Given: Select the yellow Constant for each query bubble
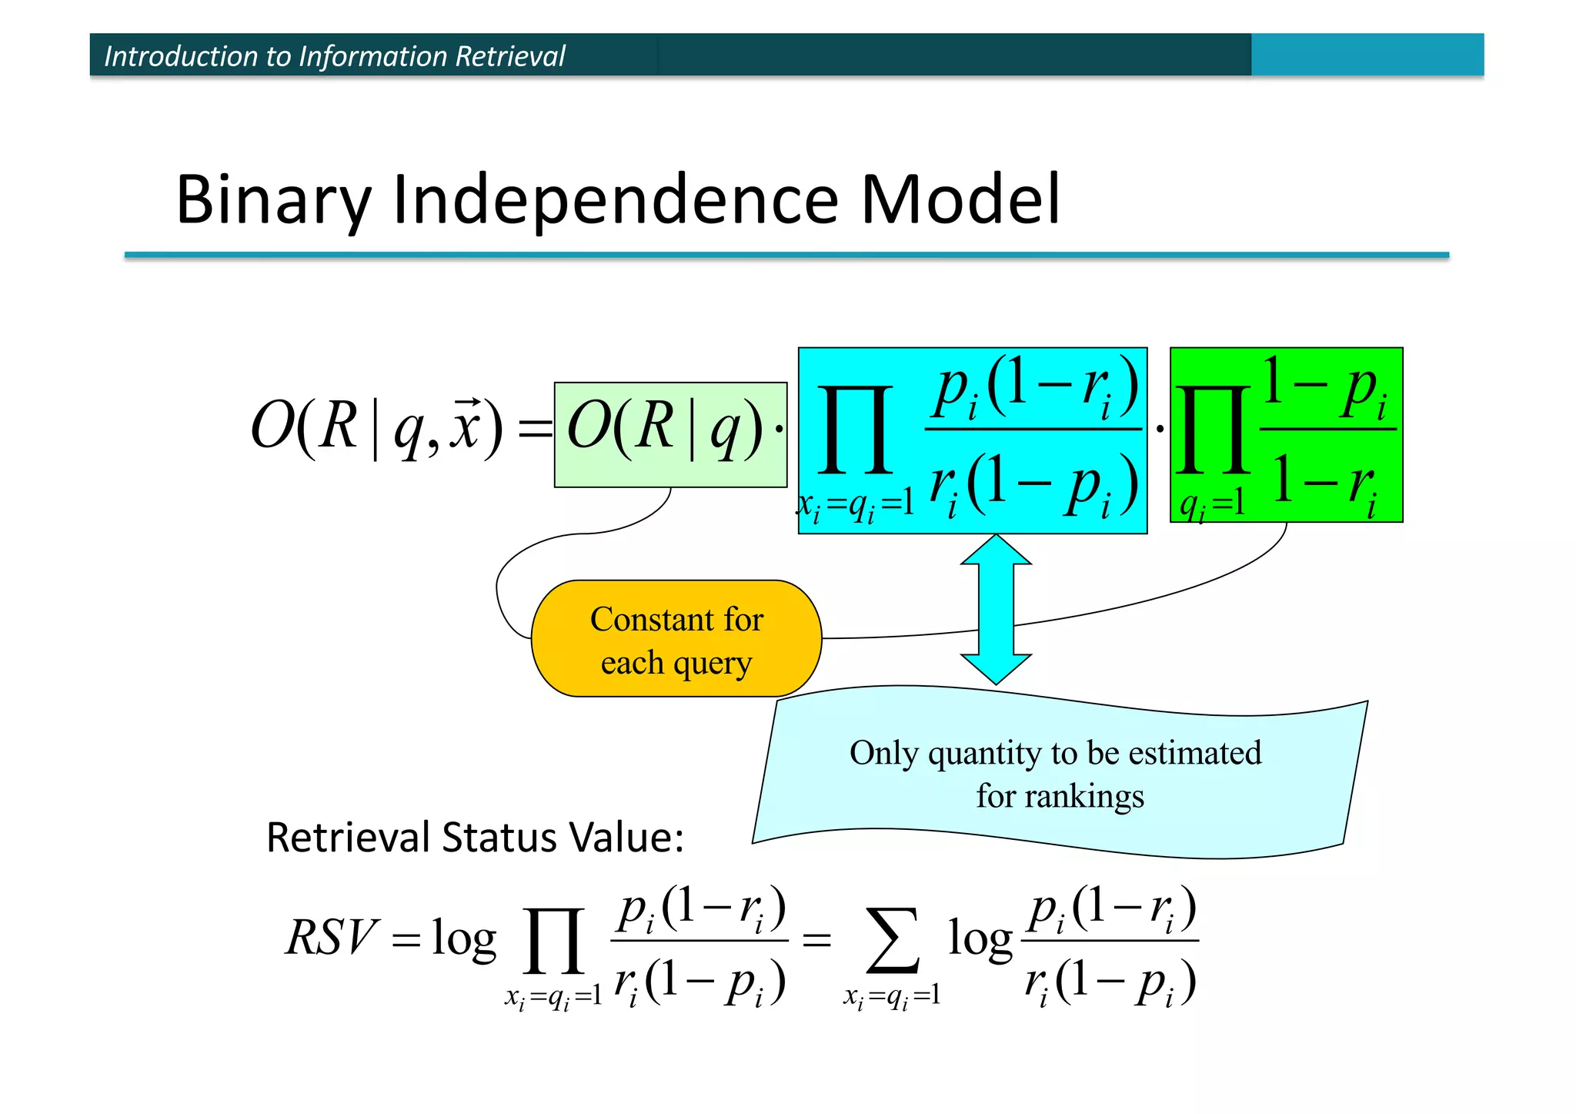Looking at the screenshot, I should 676,639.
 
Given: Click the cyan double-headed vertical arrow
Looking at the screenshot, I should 996,608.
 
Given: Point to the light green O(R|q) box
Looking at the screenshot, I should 669,433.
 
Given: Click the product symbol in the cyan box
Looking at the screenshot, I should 855,431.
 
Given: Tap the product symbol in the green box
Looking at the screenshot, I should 1214,431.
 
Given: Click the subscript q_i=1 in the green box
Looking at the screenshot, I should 1212,504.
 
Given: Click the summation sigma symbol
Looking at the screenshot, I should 892,941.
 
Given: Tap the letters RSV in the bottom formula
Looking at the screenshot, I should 332,938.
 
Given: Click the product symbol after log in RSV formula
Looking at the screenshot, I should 553,941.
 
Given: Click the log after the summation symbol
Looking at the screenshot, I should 980,939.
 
